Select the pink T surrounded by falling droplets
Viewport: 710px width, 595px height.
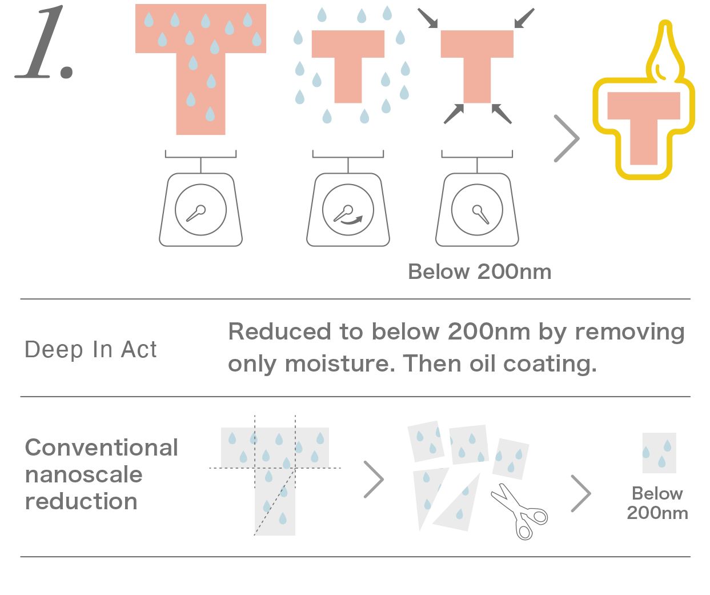click(x=348, y=63)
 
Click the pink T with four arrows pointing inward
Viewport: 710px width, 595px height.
click(x=477, y=63)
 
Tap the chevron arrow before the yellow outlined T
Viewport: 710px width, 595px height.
click(x=567, y=138)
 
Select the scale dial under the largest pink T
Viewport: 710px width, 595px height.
click(x=200, y=210)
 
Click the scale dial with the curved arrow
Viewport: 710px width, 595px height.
click(x=348, y=210)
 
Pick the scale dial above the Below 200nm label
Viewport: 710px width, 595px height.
click(x=477, y=210)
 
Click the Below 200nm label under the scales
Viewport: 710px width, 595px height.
click(x=480, y=272)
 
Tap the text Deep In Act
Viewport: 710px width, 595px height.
click(x=91, y=350)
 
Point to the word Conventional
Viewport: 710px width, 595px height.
click(x=102, y=448)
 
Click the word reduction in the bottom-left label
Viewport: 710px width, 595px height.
click(x=81, y=501)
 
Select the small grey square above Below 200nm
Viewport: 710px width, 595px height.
click(x=659, y=453)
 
